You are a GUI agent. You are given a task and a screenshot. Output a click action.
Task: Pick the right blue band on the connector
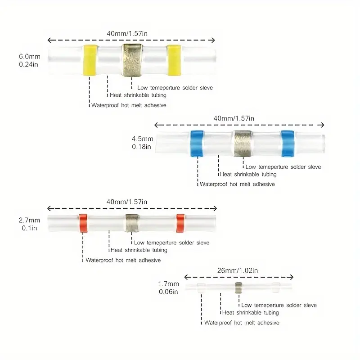(x=288, y=143)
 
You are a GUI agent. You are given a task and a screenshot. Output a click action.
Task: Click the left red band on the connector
(x=83, y=223)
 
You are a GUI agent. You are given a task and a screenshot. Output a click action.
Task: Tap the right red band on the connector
(x=180, y=223)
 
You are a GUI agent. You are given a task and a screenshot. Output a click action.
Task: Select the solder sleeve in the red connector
(x=132, y=223)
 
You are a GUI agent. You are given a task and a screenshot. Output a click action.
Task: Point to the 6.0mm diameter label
(x=30, y=57)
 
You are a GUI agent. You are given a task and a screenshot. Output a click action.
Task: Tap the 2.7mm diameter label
(x=30, y=220)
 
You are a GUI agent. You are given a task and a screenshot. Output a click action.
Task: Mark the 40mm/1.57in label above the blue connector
(x=234, y=118)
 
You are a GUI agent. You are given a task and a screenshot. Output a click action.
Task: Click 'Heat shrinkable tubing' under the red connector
(x=139, y=250)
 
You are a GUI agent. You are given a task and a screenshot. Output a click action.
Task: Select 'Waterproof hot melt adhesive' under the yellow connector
(x=129, y=105)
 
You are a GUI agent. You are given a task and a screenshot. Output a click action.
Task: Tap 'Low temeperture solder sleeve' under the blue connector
(x=283, y=167)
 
